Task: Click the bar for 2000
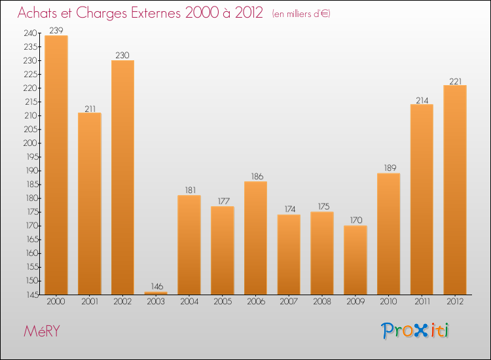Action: point(56,164)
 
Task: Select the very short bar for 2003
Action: point(156,293)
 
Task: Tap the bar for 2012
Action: point(455,190)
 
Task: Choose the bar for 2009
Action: point(355,260)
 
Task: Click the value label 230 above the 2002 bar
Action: point(122,56)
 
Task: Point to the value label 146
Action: point(156,287)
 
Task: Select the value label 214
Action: point(422,100)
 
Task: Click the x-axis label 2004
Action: point(189,302)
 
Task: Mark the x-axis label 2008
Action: point(322,302)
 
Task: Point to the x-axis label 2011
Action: point(422,302)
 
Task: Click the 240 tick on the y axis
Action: point(31,33)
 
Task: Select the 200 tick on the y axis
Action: point(31,143)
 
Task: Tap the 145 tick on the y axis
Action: point(31,295)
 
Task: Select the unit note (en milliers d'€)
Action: point(301,14)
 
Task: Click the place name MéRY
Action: point(41,331)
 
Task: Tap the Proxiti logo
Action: point(415,331)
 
